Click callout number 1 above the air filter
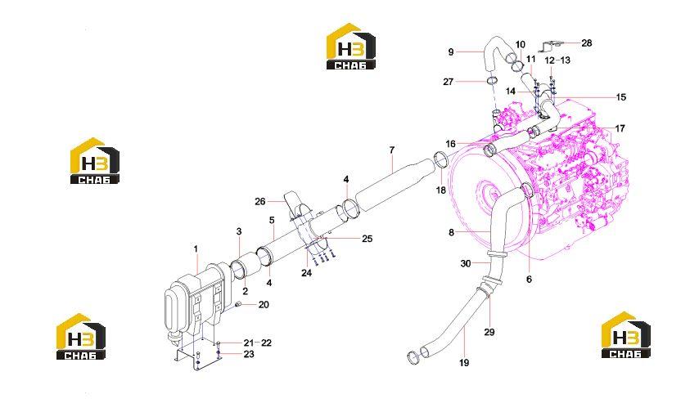pos(196,249)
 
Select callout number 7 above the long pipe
pos(392,150)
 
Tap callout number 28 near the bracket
pos(586,43)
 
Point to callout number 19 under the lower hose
pos(464,363)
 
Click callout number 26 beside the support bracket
pos(259,202)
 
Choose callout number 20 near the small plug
pos(264,305)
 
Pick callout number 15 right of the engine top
pos(621,97)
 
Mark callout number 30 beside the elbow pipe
pos(466,263)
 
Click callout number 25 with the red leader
pos(368,239)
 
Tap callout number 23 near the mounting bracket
pos(249,354)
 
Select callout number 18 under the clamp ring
pos(441,190)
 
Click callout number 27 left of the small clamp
pos(449,82)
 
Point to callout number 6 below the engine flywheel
pos(529,280)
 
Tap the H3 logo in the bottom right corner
pos(626,334)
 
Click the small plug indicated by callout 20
pos(238,306)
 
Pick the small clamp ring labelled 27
pos(492,80)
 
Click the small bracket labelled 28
pos(551,44)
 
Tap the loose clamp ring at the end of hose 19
pos(413,357)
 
